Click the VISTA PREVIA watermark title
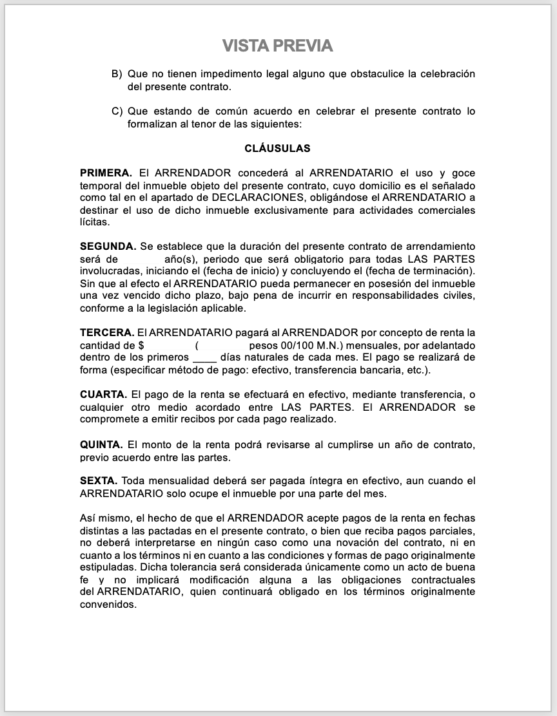point(278,46)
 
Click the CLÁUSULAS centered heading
point(277,149)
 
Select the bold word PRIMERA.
point(106,173)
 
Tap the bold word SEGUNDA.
point(108,247)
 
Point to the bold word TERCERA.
point(107,333)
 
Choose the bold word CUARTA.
point(103,394)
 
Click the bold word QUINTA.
point(101,445)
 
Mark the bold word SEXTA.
point(98,481)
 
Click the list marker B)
point(117,74)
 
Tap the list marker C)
point(117,111)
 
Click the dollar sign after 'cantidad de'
point(141,345)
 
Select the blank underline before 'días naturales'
point(204,357)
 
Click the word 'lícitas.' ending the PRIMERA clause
point(95,222)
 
